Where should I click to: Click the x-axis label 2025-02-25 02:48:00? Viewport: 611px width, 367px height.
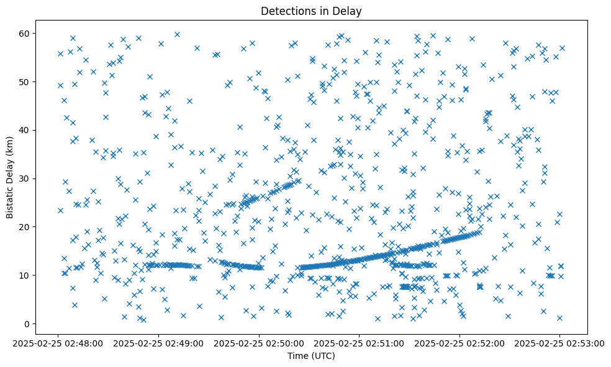(x=58, y=343)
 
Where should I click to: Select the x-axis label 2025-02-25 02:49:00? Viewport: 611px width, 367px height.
(x=158, y=343)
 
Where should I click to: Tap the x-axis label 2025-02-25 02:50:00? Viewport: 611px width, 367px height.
(x=258, y=343)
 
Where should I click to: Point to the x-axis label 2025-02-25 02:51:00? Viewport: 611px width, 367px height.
(x=359, y=343)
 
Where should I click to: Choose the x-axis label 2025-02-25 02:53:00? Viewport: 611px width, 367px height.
(x=559, y=343)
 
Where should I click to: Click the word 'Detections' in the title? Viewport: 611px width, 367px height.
(x=285, y=11)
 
